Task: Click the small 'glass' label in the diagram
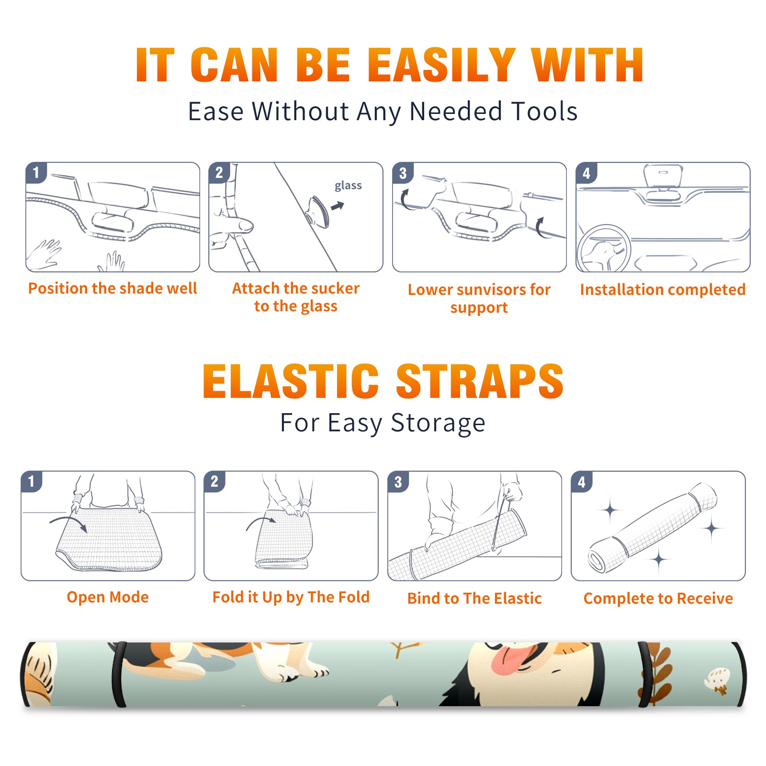(348, 186)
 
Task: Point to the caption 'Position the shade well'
(113, 288)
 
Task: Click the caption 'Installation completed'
(663, 290)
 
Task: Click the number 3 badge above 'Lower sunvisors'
(403, 173)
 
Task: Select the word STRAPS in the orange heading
(480, 381)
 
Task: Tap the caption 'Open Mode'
(108, 597)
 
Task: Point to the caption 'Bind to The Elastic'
(474, 598)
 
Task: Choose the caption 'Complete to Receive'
(658, 598)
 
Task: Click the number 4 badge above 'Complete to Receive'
(582, 482)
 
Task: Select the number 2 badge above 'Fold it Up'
(214, 482)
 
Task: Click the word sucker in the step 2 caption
(335, 288)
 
